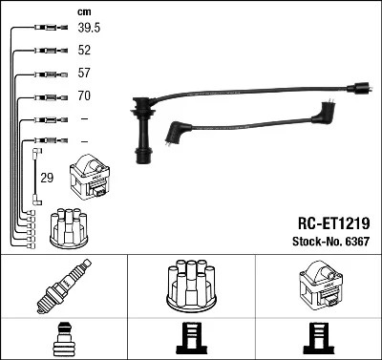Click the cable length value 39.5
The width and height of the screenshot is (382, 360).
(89, 28)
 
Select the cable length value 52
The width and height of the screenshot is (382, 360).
(85, 51)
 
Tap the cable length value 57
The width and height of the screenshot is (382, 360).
(85, 74)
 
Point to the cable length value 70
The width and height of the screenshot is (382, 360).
(85, 96)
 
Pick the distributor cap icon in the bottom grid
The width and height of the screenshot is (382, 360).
(191, 286)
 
